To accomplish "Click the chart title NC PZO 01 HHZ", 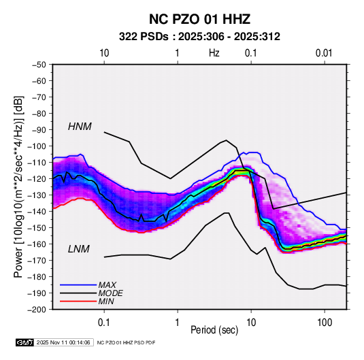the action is tap(199, 19).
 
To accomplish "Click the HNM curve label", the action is tap(80, 127).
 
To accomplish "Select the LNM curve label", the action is tap(79, 249).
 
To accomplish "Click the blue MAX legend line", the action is tap(78, 284).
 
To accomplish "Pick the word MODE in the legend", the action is tap(110, 293).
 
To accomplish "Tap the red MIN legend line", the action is tap(78, 301).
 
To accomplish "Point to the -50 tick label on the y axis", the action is tap(39, 65).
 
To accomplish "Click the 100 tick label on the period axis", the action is tap(325, 323).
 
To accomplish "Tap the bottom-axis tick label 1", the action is tap(178, 323).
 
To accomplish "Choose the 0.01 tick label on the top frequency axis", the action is tap(324, 53).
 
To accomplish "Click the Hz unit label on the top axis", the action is tap(214, 53).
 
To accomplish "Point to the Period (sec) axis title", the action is tap(214, 330).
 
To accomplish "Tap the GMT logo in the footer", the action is tap(25, 342).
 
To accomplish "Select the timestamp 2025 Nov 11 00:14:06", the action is tap(63, 342).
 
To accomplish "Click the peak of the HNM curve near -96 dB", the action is tap(226, 140).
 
